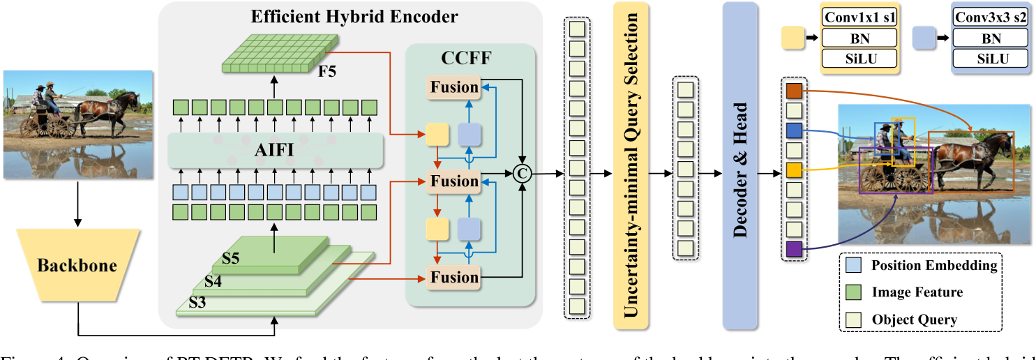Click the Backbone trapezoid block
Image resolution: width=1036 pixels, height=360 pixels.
point(77,265)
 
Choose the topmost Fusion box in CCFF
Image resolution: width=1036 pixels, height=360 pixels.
point(454,87)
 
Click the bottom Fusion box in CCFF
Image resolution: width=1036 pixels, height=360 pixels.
point(454,277)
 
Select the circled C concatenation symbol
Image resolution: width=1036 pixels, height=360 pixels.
point(522,172)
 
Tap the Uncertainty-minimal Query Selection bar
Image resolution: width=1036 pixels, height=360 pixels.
point(631,165)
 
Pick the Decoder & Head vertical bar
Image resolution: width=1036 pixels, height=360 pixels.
point(740,165)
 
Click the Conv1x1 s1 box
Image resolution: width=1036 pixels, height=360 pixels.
point(859,17)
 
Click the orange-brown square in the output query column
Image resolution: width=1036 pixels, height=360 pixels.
point(795,91)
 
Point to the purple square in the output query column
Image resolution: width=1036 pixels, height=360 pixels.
point(795,249)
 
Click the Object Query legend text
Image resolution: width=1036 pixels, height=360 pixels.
point(915,320)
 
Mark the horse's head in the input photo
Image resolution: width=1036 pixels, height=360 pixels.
point(133,100)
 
